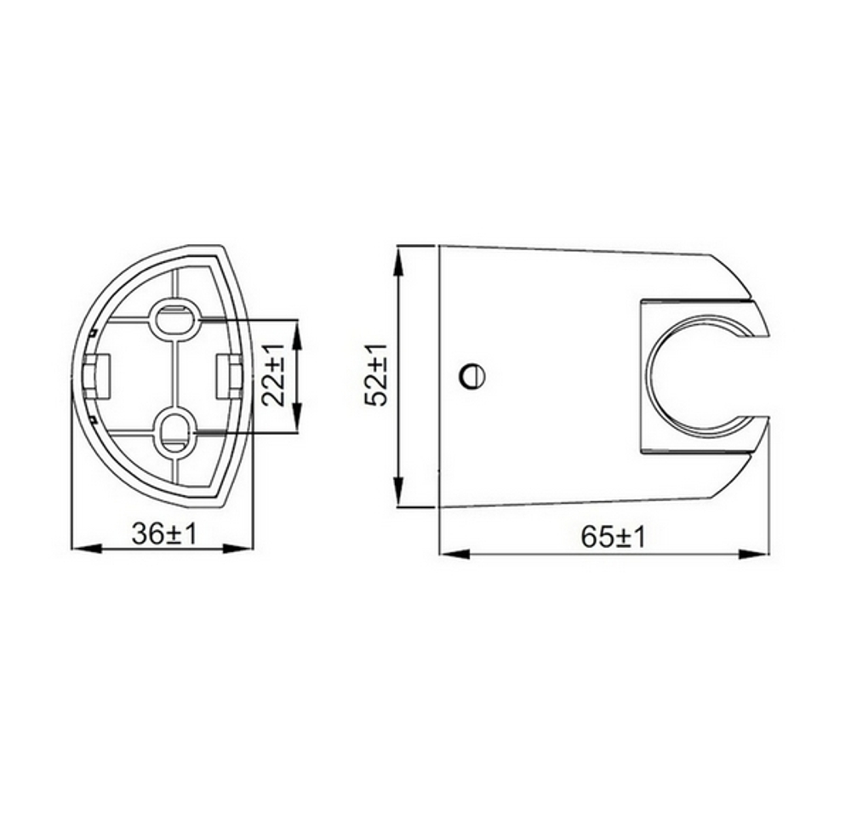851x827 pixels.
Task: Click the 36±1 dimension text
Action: (x=163, y=534)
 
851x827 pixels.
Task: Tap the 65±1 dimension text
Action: (x=613, y=538)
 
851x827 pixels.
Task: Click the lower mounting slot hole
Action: (x=177, y=431)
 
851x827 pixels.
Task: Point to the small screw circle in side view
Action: (x=471, y=375)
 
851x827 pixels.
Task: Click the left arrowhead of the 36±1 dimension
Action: (x=82, y=549)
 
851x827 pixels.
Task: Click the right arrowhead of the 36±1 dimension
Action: (x=242, y=549)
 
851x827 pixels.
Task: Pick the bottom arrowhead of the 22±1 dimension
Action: (x=296, y=422)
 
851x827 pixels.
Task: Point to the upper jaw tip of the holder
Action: (x=761, y=328)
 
